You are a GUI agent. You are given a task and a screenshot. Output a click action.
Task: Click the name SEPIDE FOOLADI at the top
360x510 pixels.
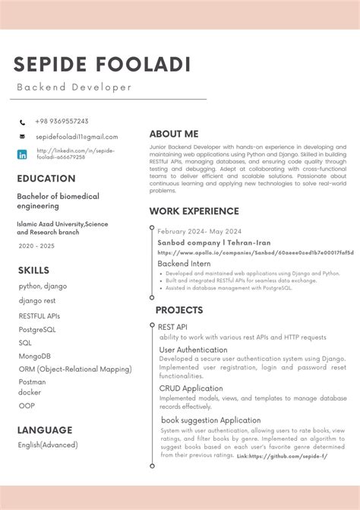click(101, 65)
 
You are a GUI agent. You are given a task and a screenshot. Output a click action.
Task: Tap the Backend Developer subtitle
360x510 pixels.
click(74, 87)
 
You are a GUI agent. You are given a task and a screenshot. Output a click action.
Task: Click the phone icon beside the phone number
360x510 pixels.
click(22, 122)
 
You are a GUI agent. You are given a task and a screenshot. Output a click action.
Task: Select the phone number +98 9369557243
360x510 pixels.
click(62, 122)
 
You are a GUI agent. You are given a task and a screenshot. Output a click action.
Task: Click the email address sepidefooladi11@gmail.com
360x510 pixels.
click(76, 137)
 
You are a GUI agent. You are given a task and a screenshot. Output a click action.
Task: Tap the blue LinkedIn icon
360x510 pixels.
click(22, 154)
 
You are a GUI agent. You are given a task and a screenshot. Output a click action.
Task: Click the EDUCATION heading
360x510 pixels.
click(46, 179)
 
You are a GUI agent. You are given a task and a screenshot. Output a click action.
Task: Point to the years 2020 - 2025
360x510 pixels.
click(36, 246)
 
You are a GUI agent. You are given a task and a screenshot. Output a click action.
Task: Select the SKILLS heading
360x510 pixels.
click(33, 270)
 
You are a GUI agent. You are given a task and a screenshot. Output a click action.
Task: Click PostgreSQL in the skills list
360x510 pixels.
click(37, 330)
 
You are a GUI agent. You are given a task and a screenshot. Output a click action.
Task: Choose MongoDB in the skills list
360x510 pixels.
click(35, 356)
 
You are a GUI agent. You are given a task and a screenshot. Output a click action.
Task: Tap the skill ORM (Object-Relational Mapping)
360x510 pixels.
click(75, 369)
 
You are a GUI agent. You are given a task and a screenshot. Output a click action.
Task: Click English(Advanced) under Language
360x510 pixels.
click(48, 445)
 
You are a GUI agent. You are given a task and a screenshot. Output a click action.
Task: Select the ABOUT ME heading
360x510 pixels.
click(173, 134)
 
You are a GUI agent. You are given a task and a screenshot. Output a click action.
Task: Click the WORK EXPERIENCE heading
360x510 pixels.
click(194, 211)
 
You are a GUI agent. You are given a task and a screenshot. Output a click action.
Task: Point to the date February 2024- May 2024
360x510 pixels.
click(199, 231)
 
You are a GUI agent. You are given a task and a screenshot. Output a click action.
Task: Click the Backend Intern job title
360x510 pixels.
click(184, 264)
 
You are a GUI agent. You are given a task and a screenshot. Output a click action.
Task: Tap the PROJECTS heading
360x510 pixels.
click(179, 310)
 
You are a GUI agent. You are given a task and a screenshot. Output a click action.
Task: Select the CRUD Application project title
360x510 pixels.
click(191, 388)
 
